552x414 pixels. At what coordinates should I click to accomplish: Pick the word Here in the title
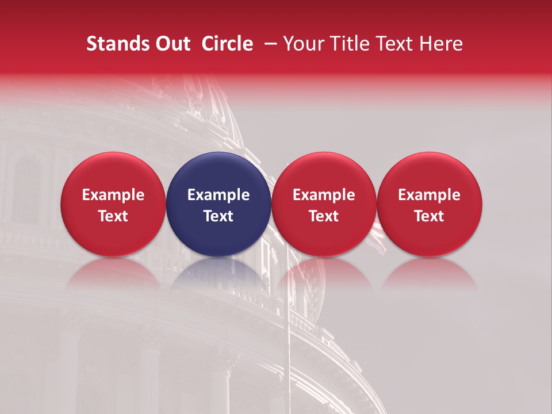coord(441,44)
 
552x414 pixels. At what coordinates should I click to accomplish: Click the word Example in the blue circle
coord(218,195)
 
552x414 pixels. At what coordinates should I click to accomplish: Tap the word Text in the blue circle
coord(218,216)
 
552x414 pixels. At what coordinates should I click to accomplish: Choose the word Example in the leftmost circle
coord(113,195)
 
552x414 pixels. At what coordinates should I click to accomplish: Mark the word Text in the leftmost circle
coord(113,216)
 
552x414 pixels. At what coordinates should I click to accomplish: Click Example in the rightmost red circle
coord(430,195)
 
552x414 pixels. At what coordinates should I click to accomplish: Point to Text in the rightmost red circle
coord(430,216)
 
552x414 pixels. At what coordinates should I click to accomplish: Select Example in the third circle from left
coord(324,195)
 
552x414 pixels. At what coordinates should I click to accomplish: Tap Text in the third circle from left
coord(324,216)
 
